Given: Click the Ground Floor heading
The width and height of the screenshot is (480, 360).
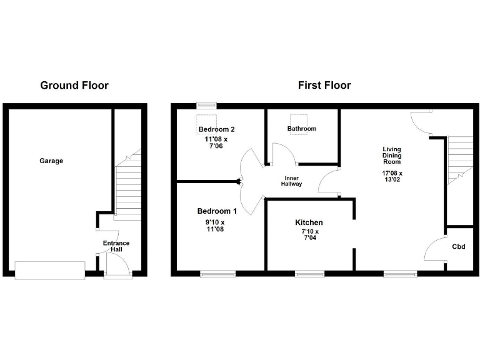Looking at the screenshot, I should click(x=74, y=85).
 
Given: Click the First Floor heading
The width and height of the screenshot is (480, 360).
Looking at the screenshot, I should click(x=324, y=85).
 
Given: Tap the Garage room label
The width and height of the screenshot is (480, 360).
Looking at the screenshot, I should click(x=51, y=161).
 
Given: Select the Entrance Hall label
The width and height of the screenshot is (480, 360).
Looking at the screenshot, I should click(x=116, y=246).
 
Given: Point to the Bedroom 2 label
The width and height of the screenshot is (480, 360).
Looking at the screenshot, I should click(x=216, y=129).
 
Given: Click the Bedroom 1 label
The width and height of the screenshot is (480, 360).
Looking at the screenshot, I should click(x=214, y=211).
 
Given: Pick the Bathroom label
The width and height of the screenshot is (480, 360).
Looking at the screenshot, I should click(x=302, y=129).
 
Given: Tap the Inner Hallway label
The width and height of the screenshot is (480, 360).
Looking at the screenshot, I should click(x=291, y=180).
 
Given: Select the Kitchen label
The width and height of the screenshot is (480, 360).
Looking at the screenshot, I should click(x=309, y=222).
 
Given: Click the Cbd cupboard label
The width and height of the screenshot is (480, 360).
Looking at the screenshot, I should click(x=459, y=246).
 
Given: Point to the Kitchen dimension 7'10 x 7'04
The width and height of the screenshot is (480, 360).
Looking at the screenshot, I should click(x=309, y=235).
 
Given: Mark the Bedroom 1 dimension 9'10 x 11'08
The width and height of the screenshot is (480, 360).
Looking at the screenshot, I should click(x=214, y=226).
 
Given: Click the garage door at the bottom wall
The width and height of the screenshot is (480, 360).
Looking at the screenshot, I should click(x=49, y=270).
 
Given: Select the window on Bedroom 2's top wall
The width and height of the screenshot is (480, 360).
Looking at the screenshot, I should click(x=206, y=104).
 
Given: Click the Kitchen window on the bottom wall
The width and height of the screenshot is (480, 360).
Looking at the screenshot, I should click(x=309, y=273).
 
